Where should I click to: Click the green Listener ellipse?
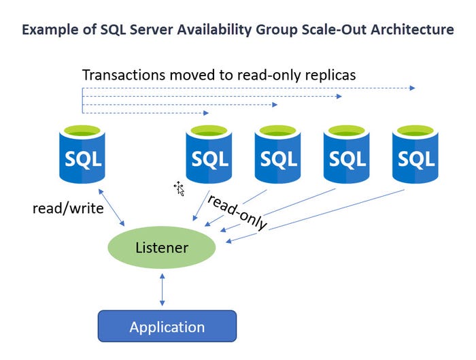162,248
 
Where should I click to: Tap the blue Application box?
167,326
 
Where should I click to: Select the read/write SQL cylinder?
82,157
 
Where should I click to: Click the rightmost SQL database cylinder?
415,157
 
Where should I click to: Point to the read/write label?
68,208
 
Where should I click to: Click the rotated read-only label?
237,212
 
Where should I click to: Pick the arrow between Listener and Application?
162,289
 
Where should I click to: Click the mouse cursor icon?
180,188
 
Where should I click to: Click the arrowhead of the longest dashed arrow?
413,88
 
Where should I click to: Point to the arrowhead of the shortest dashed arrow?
207,112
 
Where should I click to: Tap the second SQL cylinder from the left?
209,157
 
